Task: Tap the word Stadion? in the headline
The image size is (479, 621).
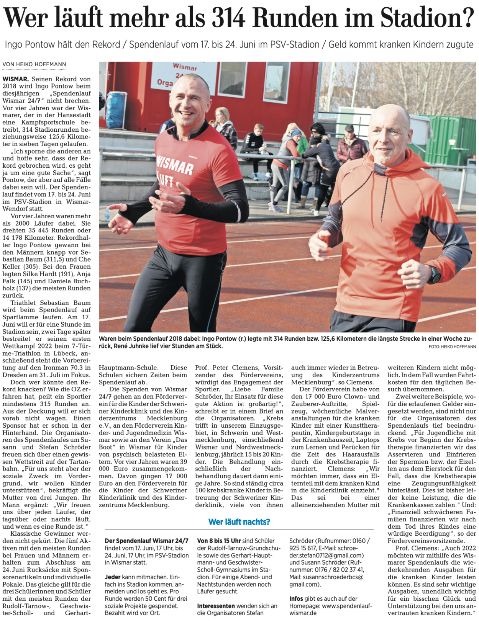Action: [427, 17]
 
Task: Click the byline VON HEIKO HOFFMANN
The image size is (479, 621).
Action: [34, 64]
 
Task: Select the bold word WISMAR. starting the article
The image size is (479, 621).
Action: [15, 79]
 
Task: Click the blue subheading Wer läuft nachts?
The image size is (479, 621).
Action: [239, 522]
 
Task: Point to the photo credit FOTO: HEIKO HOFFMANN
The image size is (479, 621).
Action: [452, 347]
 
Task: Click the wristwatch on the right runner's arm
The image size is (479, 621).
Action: [434, 275]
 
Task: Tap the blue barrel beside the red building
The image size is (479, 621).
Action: [116, 110]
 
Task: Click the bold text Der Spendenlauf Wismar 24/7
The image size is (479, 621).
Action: [146, 541]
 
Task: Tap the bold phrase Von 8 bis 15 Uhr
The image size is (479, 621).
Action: [219, 541]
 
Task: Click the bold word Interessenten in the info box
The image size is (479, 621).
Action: [216, 606]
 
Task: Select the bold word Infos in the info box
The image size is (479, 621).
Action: [296, 599]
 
